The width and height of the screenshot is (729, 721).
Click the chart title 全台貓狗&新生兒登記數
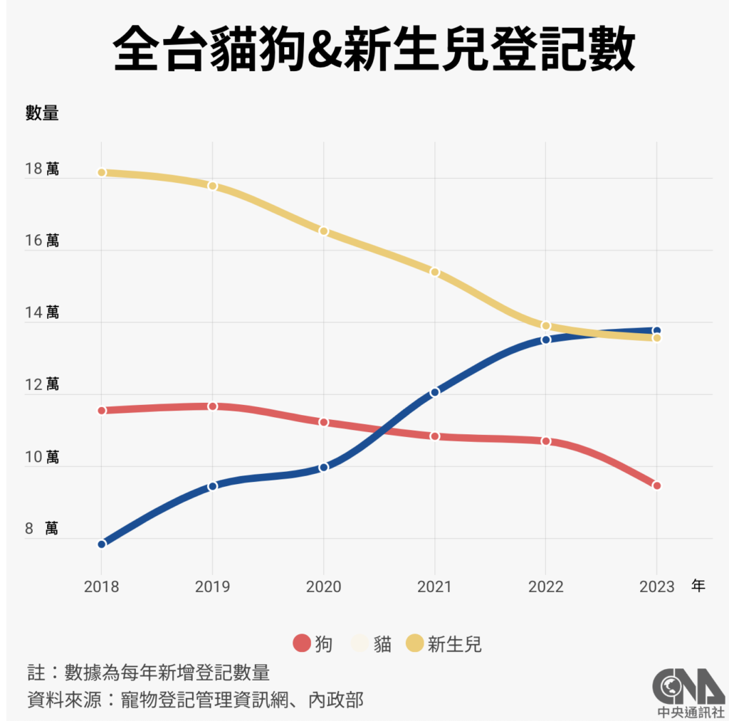point(373,49)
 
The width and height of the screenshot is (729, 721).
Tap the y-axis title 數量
point(42,112)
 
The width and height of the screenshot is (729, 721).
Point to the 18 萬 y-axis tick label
point(42,169)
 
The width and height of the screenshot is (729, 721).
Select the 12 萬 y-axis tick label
point(42,385)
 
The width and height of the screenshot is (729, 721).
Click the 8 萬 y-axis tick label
point(42,529)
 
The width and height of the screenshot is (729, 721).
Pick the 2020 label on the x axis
point(323,586)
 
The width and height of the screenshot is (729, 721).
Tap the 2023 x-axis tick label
point(656,586)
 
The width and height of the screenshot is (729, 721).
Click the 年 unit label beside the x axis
point(698,586)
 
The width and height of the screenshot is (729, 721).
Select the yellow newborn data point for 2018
point(102,172)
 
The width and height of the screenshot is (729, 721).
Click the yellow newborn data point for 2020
point(323,231)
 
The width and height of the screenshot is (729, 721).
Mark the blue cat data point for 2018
point(102,544)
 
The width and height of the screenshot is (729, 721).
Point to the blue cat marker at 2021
point(434,391)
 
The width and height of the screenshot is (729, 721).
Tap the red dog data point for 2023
point(656,485)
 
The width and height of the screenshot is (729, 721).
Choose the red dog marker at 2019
point(212,406)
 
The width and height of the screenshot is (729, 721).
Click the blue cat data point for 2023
point(656,330)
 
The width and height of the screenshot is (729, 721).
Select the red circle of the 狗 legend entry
point(302,644)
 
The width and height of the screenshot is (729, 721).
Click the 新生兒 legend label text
point(454,644)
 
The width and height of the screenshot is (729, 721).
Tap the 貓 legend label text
point(382,644)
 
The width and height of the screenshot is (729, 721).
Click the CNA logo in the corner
point(688,690)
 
